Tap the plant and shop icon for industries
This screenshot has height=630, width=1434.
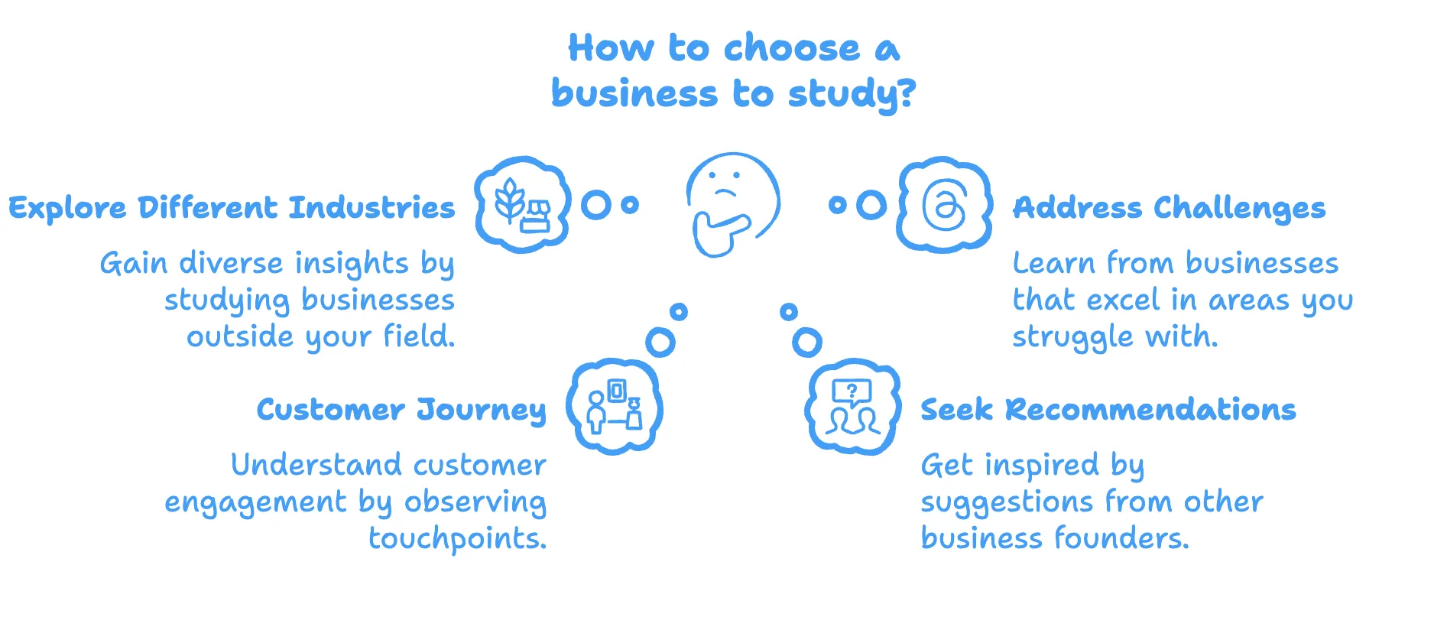523,205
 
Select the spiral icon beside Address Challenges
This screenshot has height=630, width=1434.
944,205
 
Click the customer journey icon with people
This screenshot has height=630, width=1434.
614,407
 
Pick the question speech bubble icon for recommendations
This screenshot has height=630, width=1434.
852,407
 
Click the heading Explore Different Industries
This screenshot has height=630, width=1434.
232,207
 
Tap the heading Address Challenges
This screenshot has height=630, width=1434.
1169,207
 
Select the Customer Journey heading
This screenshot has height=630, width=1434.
401,410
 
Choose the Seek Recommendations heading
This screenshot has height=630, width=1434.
1108,410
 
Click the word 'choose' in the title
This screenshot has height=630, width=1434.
791,48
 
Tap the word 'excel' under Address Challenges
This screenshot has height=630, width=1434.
1123,300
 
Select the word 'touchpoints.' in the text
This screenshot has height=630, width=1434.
457,539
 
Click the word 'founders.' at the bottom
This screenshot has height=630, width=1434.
1121,538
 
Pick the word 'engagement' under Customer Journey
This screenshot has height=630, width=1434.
255,503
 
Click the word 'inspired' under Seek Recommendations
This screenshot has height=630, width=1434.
1041,465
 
